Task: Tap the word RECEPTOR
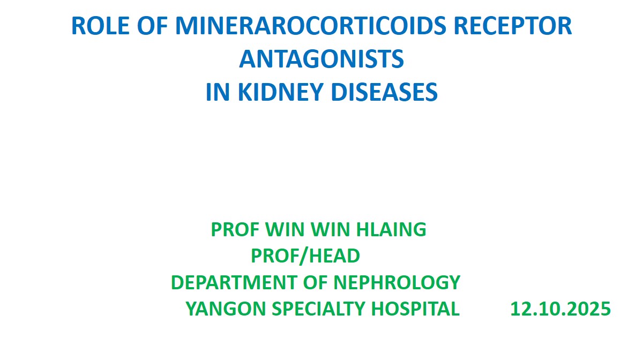(513, 26)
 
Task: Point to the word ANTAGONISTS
(322, 59)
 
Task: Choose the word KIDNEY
(281, 92)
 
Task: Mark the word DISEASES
(384, 92)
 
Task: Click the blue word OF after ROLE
(152, 26)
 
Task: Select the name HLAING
(391, 229)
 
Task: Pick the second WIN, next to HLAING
(330, 229)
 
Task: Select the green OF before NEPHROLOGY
(315, 282)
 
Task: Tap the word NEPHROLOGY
(397, 282)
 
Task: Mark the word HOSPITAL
(415, 309)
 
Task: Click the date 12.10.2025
(560, 309)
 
